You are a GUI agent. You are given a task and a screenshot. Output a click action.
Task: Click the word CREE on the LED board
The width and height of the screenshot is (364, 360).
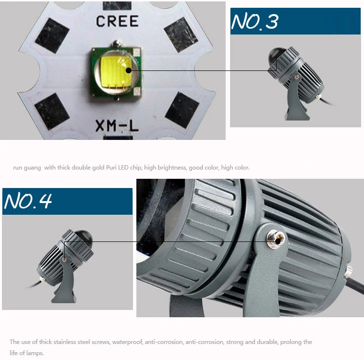117,21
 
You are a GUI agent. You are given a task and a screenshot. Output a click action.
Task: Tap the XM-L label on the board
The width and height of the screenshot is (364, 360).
117,126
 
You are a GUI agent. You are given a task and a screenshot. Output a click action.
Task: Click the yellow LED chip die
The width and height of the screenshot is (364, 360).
116,72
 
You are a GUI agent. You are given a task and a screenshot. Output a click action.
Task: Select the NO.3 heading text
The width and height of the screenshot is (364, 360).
255,21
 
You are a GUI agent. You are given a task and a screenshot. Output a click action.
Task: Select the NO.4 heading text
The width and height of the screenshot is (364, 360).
28,201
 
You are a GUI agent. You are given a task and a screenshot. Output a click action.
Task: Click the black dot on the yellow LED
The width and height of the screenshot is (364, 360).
129,70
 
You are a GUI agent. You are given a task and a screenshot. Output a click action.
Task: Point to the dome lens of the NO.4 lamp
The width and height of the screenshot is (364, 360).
83,237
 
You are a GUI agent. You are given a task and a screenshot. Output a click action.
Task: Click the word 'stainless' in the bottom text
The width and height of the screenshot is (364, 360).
65,342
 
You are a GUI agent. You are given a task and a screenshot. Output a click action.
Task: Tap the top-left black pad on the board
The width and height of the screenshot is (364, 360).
52,36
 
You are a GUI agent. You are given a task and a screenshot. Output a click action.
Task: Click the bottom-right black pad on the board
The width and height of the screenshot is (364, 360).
182,110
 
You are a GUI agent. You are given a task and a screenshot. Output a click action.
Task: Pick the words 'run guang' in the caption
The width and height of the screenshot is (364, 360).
27,168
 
